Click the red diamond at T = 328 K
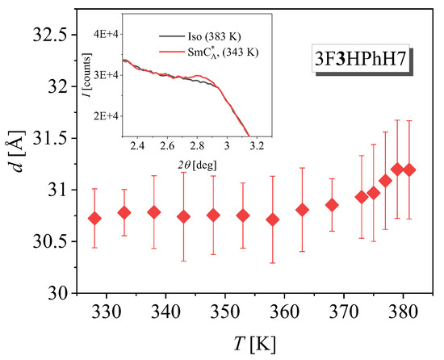95,218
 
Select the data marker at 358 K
273,220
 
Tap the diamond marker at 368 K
332,205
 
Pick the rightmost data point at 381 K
409,170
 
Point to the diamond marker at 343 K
184,216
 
